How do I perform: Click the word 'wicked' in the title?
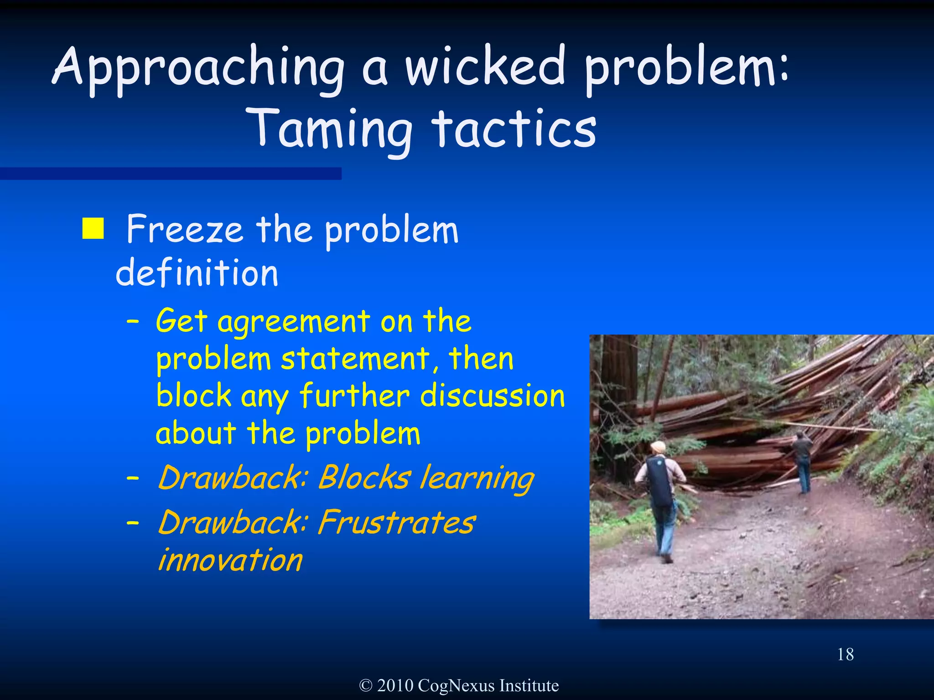(485, 67)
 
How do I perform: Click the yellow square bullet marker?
(93, 228)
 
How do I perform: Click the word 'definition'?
(197, 273)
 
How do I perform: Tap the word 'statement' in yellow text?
(355, 359)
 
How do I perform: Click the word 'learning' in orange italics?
(477, 479)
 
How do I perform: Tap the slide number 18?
(845, 654)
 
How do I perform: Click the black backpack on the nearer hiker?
(659, 481)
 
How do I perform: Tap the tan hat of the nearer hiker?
(658, 447)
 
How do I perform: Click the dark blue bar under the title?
(171, 174)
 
